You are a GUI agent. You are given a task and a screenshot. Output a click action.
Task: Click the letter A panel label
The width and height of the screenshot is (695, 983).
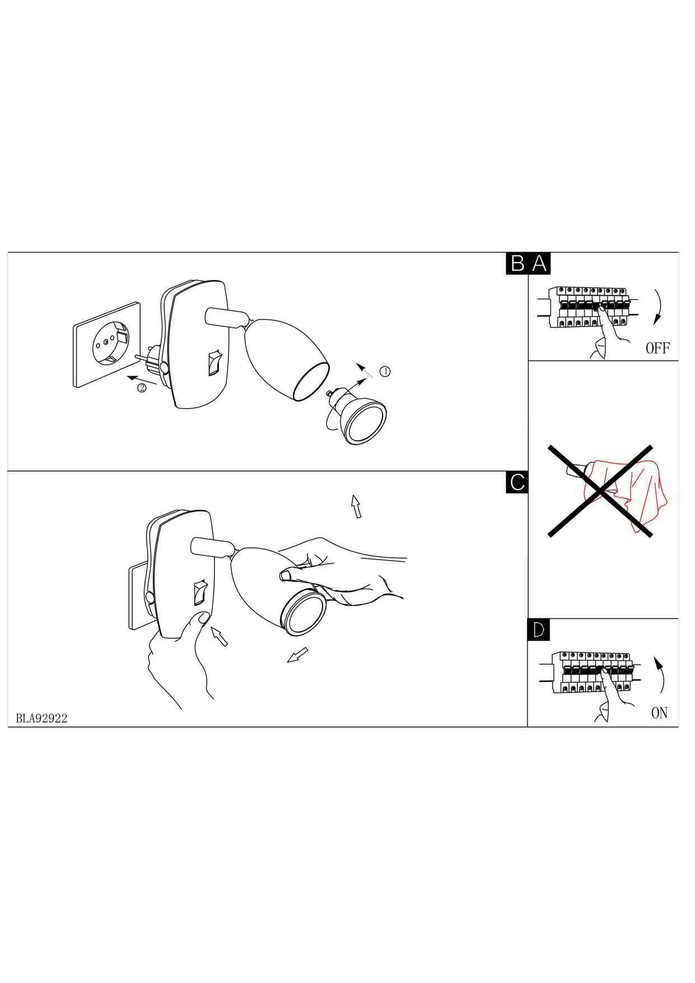point(539,263)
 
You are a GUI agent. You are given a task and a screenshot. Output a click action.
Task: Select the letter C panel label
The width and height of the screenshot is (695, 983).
point(517,482)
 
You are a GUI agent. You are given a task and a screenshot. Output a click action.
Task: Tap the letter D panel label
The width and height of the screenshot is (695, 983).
point(539,630)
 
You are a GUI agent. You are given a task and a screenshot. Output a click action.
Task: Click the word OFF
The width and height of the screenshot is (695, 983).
point(657,348)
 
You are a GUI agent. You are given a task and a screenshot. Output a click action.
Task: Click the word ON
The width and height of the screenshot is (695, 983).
point(659,712)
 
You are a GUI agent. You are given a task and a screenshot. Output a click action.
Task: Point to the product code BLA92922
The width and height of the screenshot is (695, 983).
point(41,719)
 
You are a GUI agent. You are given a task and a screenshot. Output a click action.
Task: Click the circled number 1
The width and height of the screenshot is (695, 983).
point(385,371)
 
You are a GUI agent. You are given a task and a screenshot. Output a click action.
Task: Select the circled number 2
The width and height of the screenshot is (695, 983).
point(142,388)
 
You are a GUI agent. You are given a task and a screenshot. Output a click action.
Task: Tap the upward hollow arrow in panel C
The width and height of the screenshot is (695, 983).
point(355,506)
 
